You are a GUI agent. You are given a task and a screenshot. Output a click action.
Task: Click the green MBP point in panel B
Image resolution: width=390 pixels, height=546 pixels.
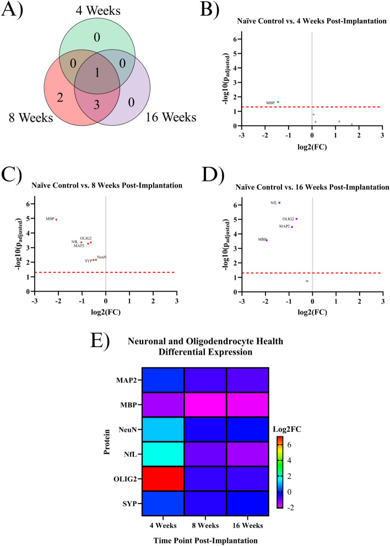tap(278, 102)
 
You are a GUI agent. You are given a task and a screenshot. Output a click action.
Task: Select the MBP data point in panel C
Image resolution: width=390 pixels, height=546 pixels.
tap(56, 220)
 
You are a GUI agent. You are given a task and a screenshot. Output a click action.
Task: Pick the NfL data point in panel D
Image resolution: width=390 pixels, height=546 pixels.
tap(279, 203)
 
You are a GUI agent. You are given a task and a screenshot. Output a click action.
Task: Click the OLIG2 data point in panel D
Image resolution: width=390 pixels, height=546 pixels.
tap(296, 219)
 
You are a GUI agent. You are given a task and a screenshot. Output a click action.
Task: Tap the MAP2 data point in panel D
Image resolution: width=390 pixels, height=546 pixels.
tap(292, 227)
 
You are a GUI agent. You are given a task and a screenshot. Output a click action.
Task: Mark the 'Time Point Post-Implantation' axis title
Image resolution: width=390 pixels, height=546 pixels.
tap(204, 540)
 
